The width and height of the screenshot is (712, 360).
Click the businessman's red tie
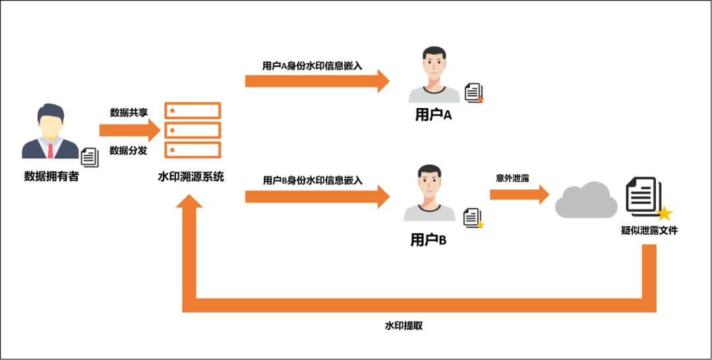click(x=50, y=151)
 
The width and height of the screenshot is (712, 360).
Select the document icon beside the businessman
click(x=90, y=158)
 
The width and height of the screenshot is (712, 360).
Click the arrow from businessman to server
click(x=129, y=130)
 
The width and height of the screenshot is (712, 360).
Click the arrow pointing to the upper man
click(x=316, y=81)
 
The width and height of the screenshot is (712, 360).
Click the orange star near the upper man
click(x=481, y=100)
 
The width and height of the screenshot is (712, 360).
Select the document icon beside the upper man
click(x=472, y=92)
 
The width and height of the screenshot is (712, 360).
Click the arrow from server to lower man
click(x=316, y=196)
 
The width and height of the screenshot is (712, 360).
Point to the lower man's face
click(x=429, y=183)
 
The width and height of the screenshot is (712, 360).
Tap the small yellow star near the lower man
click(x=481, y=225)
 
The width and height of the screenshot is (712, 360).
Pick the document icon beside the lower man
click(x=471, y=217)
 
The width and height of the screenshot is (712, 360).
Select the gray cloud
click(x=586, y=200)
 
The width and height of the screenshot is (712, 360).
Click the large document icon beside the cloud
click(x=642, y=194)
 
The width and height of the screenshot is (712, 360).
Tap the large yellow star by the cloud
click(x=664, y=213)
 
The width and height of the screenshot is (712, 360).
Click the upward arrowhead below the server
click(x=189, y=202)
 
